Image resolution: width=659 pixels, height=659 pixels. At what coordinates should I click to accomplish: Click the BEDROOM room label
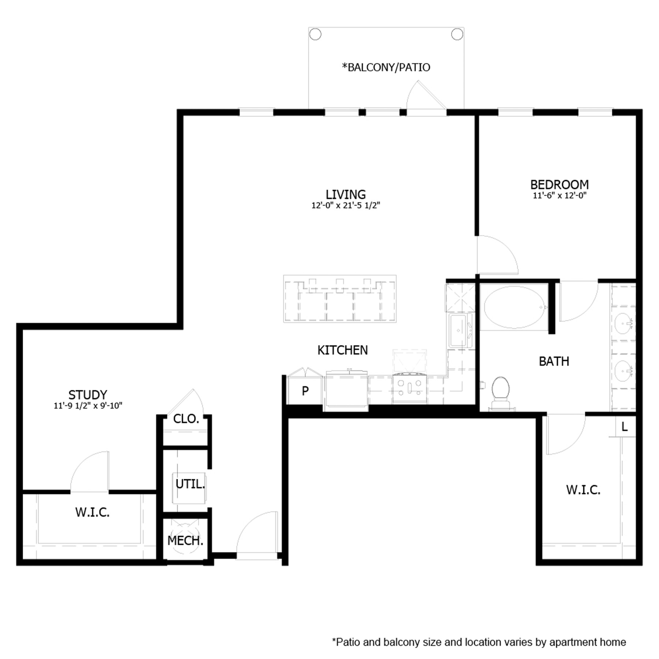[559, 184]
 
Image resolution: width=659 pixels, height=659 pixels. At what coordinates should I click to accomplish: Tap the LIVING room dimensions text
[345, 205]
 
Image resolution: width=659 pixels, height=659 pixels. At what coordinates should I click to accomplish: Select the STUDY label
[88, 395]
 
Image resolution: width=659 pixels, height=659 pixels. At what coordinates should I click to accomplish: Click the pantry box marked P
[305, 391]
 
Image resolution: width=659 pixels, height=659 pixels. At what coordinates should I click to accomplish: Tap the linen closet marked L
[625, 427]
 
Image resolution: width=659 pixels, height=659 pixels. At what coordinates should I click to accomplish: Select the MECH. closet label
[185, 540]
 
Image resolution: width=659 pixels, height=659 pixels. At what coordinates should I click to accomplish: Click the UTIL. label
[190, 484]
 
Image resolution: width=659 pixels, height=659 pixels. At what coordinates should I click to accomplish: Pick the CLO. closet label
[186, 418]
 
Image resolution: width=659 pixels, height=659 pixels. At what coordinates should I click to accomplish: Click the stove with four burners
[409, 388]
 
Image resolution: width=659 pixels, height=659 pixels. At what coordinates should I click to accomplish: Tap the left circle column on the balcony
[315, 34]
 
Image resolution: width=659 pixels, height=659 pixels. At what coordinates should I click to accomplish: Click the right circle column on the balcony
[457, 34]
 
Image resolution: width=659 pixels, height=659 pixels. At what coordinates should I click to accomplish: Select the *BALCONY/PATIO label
[386, 67]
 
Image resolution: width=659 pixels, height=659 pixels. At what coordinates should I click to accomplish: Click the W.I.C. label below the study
[92, 512]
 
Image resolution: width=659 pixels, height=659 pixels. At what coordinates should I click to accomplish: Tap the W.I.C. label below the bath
[583, 490]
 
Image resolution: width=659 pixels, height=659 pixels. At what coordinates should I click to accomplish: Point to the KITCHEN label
[342, 350]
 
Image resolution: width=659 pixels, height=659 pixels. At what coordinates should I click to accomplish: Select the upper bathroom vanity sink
[623, 324]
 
